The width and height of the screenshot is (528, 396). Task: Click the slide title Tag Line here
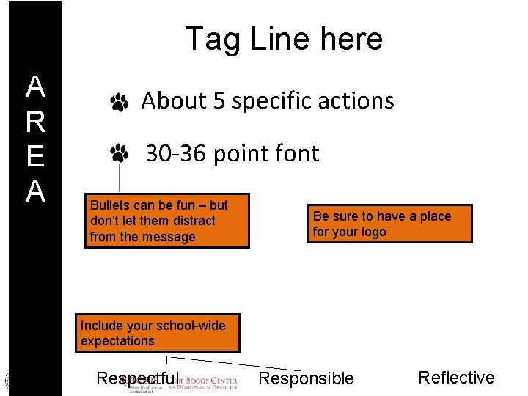click(284, 39)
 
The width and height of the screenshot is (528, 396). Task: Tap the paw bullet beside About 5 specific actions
click(120, 103)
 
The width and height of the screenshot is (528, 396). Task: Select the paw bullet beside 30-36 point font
click(120, 153)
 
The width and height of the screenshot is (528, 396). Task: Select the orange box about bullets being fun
click(167, 221)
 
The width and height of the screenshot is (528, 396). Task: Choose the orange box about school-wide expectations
click(158, 333)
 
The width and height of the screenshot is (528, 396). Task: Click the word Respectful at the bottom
click(137, 378)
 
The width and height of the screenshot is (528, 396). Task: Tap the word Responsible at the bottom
click(307, 378)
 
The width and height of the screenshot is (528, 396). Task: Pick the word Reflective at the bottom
click(456, 378)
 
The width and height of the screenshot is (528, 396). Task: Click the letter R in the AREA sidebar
click(35, 123)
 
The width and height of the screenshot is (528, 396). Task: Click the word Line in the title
click(279, 39)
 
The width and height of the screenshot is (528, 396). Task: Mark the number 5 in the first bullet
click(219, 100)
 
